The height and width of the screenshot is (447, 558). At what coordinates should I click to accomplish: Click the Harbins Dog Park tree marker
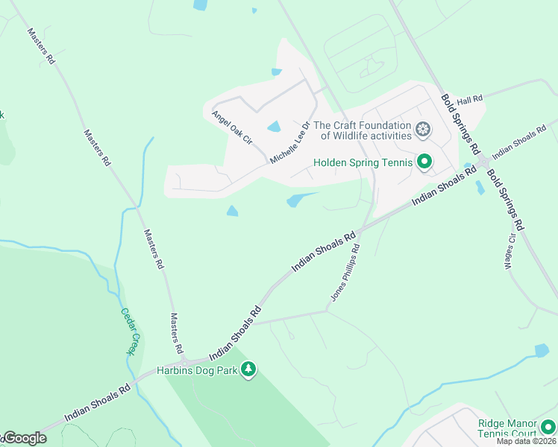point(248,370)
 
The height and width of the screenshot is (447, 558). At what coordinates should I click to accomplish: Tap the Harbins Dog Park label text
point(197,370)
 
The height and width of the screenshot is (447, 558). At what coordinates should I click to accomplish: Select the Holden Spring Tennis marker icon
point(424,162)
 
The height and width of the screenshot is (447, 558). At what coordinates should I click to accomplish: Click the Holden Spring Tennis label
point(363,162)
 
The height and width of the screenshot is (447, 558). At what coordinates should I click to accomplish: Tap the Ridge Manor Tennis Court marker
point(548,427)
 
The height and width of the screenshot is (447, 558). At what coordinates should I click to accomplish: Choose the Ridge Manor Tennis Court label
point(507,428)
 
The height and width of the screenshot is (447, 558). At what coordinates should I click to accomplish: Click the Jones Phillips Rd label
point(345,273)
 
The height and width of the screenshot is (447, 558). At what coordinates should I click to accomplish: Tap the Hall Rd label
point(470,99)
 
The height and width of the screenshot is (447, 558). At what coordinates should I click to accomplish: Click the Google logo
point(24,438)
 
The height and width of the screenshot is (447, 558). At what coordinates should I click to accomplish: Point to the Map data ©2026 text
point(525,441)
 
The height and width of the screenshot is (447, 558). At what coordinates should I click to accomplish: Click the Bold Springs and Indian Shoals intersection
point(483,161)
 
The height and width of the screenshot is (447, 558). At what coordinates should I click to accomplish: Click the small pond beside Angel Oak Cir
point(274,127)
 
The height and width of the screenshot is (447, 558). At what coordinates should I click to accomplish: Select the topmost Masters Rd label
point(42,46)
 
